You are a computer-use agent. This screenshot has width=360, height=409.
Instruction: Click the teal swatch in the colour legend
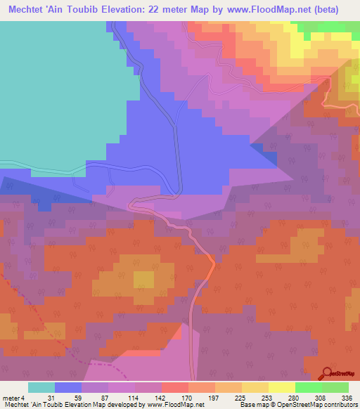tap(41, 387)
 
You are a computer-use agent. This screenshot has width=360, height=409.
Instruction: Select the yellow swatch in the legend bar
tap(282, 387)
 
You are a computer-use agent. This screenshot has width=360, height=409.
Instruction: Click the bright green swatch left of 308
tap(309, 387)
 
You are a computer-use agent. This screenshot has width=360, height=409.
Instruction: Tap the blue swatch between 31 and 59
tap(68, 387)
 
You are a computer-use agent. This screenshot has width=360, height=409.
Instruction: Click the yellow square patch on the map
tap(143, 279)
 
